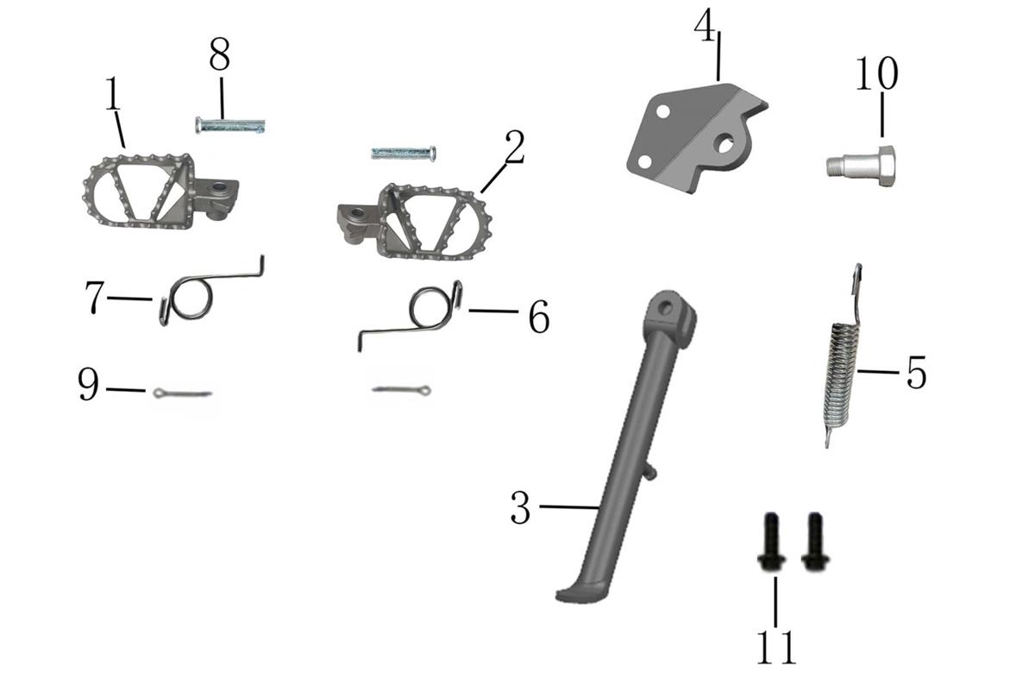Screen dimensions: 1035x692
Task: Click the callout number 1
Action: point(113,93)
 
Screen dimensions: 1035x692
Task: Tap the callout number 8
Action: point(219,54)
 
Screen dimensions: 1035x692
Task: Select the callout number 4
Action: point(706,26)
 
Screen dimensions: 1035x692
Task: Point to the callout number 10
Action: point(876,73)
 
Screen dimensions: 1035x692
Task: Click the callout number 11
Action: point(776,647)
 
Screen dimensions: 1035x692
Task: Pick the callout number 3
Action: point(521,507)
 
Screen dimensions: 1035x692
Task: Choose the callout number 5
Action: point(917,372)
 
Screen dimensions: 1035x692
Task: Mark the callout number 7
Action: point(95,298)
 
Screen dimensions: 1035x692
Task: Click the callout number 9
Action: point(88,384)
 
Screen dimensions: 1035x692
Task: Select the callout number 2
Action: point(515,147)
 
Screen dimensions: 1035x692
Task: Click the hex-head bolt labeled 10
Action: point(861,166)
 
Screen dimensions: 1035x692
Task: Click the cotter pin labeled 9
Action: point(183,393)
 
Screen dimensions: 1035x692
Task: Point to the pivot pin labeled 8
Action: point(230,125)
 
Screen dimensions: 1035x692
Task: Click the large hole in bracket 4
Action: point(724,143)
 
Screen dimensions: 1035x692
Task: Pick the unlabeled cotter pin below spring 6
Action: point(402,390)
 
